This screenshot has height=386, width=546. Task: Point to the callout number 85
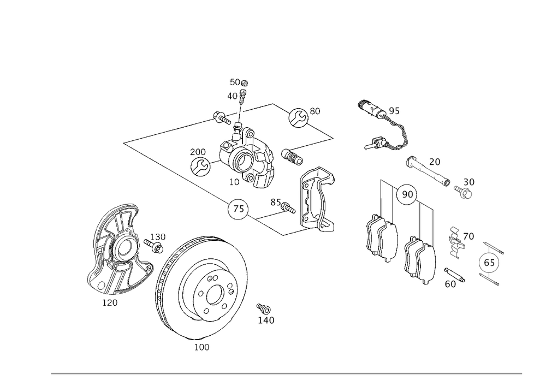276,203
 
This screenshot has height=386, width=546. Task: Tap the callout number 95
394,111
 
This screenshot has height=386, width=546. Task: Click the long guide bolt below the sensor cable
428,172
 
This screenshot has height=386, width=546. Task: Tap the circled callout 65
489,263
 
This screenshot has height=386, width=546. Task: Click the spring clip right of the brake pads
454,241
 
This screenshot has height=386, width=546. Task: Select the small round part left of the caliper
200,163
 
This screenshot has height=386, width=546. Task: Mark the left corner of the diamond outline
124,144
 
